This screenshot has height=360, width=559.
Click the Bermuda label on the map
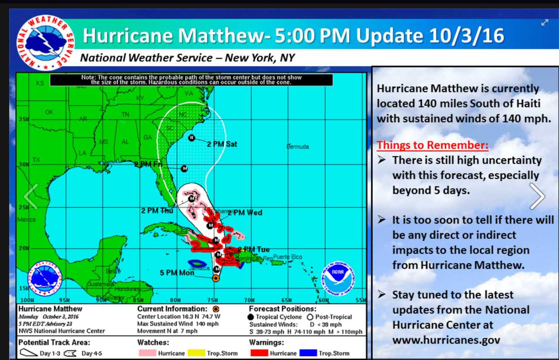(298, 147)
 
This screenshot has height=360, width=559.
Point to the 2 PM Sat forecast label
(222, 144)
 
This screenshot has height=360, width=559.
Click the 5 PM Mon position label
(177, 273)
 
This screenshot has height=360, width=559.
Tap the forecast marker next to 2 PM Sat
(191, 138)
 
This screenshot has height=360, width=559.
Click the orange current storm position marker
(215, 278)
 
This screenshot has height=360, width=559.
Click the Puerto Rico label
(288, 257)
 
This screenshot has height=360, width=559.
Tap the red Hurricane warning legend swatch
(259, 353)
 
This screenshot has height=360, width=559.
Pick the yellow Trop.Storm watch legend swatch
(197, 353)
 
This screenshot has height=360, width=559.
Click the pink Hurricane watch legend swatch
(147, 353)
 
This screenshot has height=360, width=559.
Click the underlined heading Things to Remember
(433, 145)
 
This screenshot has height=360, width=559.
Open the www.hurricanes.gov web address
(446, 340)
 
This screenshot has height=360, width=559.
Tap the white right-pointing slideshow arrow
(538, 196)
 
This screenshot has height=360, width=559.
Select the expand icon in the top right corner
(545, 23)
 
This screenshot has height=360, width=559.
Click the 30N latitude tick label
(23, 165)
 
